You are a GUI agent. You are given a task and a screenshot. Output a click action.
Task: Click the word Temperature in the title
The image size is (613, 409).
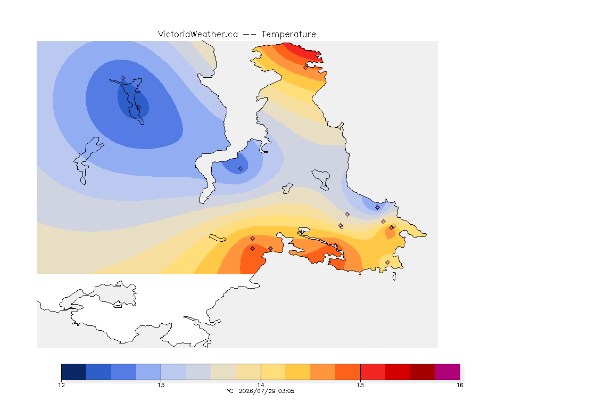(x=288, y=35)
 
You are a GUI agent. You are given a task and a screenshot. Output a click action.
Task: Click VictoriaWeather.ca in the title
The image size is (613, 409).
(x=198, y=35)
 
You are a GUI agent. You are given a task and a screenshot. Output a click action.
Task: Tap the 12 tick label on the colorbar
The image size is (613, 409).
(x=61, y=385)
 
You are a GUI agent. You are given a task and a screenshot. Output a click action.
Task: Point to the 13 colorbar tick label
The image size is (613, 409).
(x=161, y=385)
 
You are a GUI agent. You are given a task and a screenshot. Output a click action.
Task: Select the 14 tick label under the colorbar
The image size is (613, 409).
(x=261, y=385)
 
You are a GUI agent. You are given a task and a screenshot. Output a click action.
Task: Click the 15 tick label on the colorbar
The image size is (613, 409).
(x=360, y=385)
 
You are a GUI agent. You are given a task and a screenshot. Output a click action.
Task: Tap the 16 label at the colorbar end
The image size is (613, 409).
(x=460, y=385)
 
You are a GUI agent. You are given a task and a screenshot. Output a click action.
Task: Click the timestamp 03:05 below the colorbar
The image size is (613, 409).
(x=286, y=391)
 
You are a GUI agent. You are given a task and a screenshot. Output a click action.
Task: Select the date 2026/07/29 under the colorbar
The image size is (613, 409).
(x=257, y=391)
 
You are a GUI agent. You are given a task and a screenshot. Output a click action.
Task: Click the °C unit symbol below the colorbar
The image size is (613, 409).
(x=230, y=391)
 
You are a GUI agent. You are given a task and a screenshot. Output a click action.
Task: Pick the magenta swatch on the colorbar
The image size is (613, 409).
(x=447, y=372)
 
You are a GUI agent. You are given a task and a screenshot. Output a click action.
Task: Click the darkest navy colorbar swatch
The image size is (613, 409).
(x=74, y=372)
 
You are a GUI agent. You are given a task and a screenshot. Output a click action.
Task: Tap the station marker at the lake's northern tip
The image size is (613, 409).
(x=123, y=78)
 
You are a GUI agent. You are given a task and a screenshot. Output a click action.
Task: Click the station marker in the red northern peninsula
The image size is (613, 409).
(x=306, y=67)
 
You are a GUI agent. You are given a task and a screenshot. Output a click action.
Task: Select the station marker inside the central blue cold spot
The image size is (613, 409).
(x=241, y=169)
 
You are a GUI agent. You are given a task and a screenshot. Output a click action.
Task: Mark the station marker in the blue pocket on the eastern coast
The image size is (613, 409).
(x=377, y=208)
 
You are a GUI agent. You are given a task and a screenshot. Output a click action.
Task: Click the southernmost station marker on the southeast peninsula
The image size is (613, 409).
(x=387, y=262)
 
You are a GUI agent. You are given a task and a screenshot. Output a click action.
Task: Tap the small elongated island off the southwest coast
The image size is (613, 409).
(x=218, y=238)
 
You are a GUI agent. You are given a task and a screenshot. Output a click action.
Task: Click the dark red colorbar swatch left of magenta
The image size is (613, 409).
(x=422, y=372)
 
